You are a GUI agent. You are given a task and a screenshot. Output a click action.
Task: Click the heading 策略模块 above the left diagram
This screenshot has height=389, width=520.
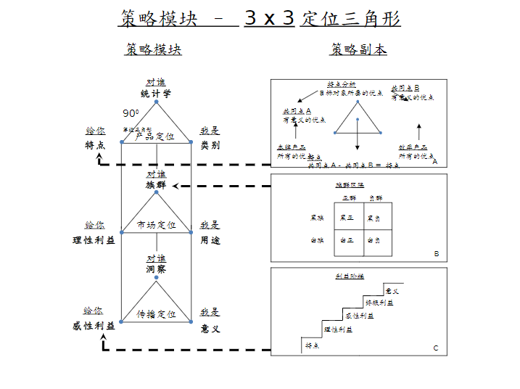coord(153,49)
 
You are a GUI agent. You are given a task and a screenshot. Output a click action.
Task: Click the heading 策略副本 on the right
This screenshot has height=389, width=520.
coord(358,49)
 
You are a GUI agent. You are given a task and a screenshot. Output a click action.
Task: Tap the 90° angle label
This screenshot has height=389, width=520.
coord(131,113)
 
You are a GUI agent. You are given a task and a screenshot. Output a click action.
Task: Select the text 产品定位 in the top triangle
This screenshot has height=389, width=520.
coord(155,136)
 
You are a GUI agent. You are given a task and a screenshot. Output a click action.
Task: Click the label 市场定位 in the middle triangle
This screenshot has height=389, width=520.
coord(156,225)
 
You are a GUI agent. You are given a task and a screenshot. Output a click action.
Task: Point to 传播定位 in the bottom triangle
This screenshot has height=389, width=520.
coord(156,314)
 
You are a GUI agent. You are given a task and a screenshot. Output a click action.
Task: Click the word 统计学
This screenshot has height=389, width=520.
coord(156,94)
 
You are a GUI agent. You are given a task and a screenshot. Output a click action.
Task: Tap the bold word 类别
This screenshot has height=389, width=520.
coord(210,144)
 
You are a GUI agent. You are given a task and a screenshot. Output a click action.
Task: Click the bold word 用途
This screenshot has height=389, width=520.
coord(210,239)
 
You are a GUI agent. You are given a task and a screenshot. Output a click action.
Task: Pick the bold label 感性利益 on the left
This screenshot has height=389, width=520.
coord(94,326)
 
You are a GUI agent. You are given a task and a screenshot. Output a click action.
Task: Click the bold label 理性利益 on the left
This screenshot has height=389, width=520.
coord(94,239)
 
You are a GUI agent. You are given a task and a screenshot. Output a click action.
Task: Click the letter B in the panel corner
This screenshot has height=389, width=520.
coord(437,254)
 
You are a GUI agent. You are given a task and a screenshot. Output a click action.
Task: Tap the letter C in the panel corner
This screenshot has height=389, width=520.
coord(436,348)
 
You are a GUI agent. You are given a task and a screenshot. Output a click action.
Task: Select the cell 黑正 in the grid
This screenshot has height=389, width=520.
coord(347,217)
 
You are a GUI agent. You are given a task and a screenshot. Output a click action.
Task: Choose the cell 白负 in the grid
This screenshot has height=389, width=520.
coord(374,239)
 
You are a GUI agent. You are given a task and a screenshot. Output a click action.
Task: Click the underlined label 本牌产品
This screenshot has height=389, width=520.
coord(292,147)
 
